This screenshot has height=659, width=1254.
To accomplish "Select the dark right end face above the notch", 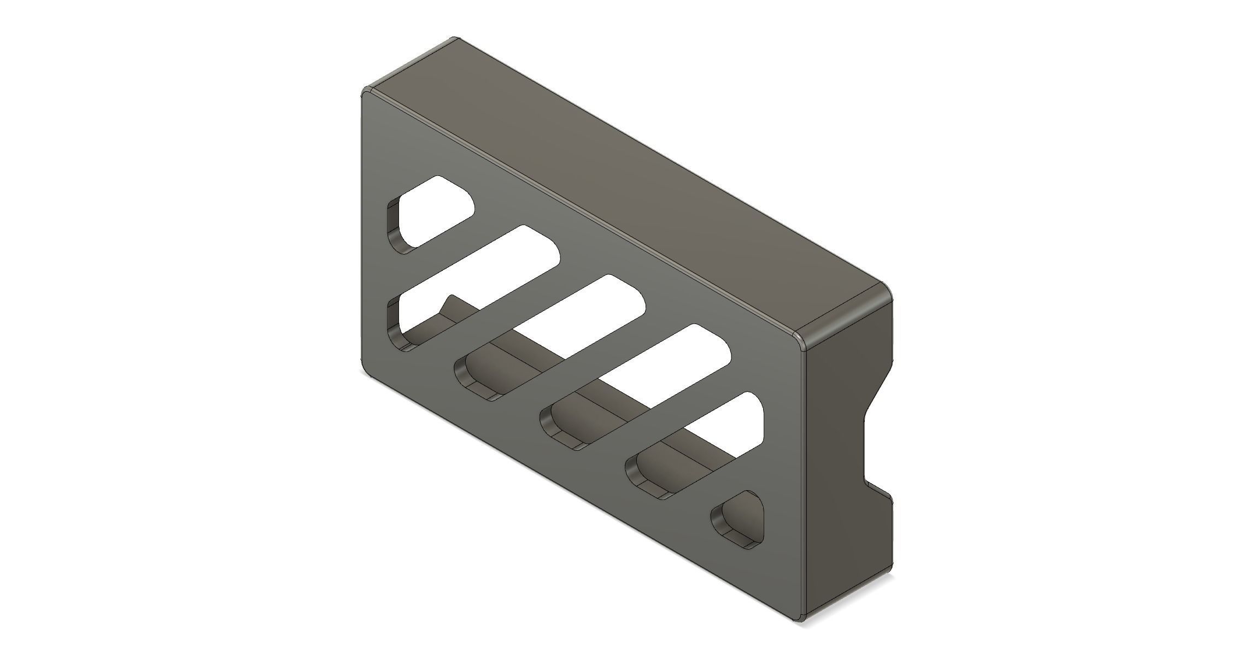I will click(842, 383).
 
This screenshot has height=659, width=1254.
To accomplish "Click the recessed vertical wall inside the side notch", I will click(864, 448).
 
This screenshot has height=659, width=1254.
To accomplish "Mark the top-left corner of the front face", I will click(365, 93).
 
